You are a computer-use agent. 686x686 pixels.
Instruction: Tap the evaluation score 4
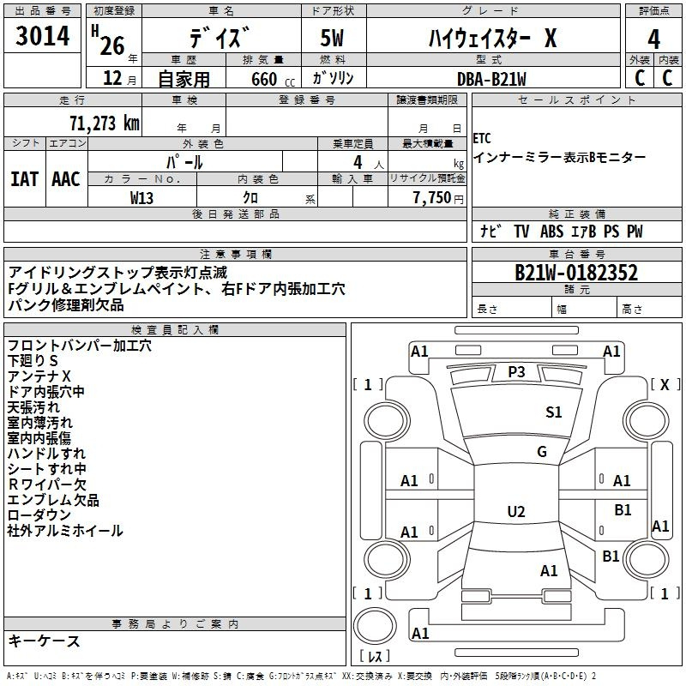(x=653, y=39)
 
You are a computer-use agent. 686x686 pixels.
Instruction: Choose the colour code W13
(x=142, y=197)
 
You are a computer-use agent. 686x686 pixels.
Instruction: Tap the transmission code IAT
(x=25, y=179)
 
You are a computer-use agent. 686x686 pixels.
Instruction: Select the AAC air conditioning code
(x=66, y=179)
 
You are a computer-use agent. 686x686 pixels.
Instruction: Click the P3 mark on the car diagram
(x=515, y=372)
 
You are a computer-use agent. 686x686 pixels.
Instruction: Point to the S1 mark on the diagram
(x=554, y=412)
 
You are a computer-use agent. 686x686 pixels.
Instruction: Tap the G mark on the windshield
(x=541, y=452)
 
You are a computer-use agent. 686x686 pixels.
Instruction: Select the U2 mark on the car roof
(x=515, y=512)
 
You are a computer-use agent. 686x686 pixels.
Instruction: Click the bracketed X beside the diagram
(x=664, y=385)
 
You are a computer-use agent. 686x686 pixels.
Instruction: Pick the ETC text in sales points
(x=482, y=139)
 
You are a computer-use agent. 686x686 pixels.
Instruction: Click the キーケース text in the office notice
(x=45, y=641)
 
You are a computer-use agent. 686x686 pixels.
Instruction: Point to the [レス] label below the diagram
(x=375, y=657)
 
